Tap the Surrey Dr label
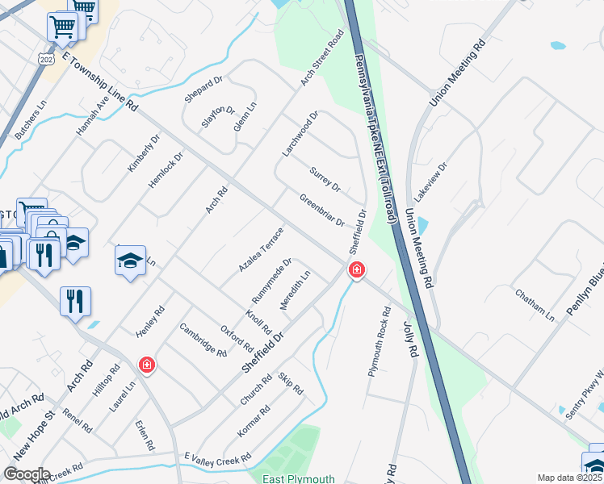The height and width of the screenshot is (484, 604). [x=325, y=179]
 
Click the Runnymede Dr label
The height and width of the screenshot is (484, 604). [x=271, y=278]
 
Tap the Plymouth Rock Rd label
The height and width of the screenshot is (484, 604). [x=379, y=342]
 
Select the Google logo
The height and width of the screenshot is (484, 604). [x=27, y=474]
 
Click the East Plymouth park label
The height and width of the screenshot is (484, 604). [x=298, y=478]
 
